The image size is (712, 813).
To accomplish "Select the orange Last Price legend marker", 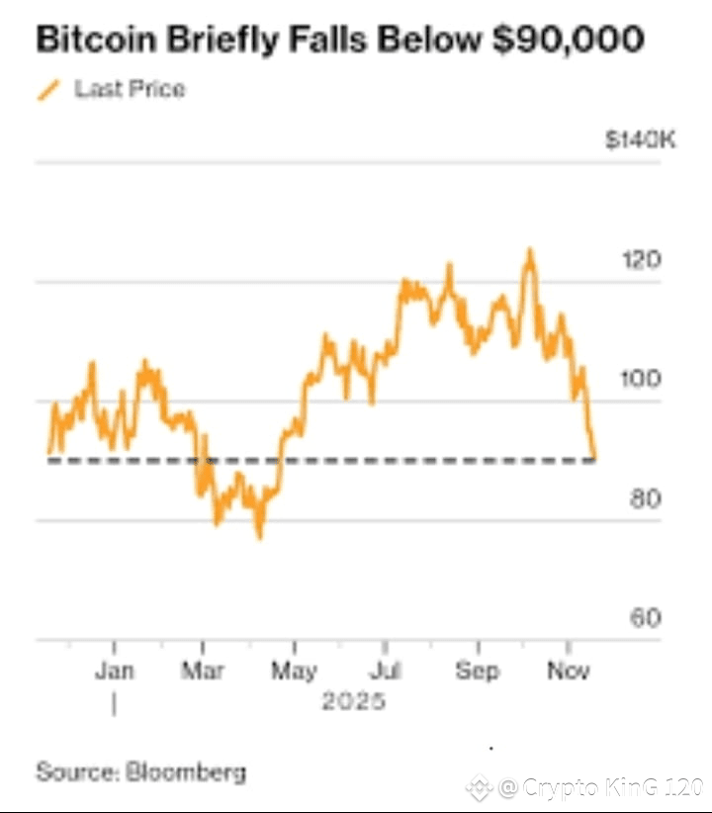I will coord(47,90).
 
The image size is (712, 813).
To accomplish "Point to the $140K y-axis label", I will coord(640,140).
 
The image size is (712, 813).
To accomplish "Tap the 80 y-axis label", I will coord(645,499).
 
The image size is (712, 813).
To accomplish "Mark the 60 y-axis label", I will coord(645,619).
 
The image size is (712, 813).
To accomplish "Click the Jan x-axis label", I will coord(115,671).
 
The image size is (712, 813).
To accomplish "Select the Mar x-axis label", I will coord(203,671).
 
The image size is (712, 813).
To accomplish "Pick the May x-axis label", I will coord(294,671).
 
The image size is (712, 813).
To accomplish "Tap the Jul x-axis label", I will coord(386,671).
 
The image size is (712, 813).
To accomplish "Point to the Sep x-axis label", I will coord(478,671).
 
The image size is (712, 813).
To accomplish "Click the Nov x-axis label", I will coord(568,671).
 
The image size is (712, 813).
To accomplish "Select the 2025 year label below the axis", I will coord(354,703).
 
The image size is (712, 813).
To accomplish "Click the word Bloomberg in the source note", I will coord(186,771).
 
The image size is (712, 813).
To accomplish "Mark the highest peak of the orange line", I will coord(530,249).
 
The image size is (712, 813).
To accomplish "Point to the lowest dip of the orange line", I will coord(260,537).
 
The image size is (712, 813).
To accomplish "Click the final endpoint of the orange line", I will coord(594,458).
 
